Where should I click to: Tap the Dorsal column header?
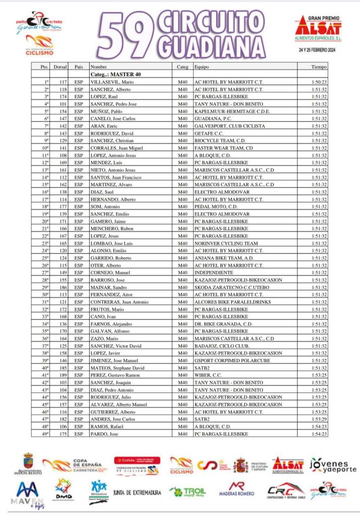(x=61, y=67)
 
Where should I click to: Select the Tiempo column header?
(x=319, y=67)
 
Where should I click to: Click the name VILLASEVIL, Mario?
(x=112, y=81)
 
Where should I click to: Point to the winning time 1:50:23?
(x=319, y=81)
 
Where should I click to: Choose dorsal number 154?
(x=63, y=111)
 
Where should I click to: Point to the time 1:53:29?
(x=319, y=419)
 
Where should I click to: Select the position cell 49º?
(x=46, y=433)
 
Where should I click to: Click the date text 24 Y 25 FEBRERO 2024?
(x=318, y=50)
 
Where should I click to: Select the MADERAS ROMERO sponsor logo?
(x=236, y=489)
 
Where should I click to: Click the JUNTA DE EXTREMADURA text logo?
(x=137, y=492)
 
